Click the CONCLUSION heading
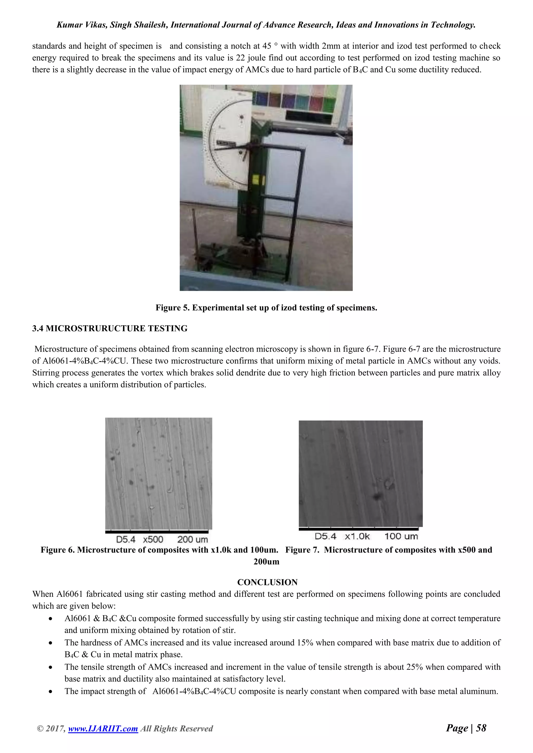(267, 582)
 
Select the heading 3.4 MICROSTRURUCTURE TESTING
(110, 328)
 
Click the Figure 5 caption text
(266, 308)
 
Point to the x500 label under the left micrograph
(153, 540)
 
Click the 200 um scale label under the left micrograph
(193, 540)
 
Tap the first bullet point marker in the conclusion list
(50, 619)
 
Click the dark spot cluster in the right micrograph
(377, 496)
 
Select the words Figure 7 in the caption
(302, 550)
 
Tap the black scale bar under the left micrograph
(157, 532)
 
